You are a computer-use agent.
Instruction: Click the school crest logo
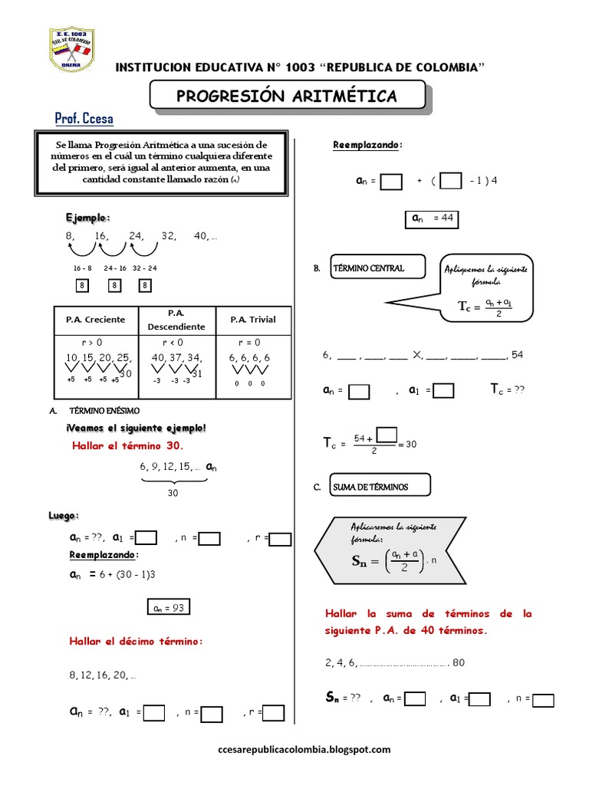click(x=71, y=51)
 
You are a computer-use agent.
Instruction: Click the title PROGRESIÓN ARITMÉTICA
click(x=287, y=96)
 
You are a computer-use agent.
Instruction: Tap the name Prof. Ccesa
click(x=84, y=120)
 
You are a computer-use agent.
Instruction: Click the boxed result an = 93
click(x=167, y=609)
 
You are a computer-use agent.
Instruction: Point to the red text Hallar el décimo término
click(x=136, y=641)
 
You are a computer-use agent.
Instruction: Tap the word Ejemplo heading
click(x=87, y=218)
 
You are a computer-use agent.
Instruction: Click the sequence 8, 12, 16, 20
click(x=103, y=676)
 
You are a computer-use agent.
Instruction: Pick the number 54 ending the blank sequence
click(x=517, y=354)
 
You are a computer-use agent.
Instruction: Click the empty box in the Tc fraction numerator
click(x=387, y=435)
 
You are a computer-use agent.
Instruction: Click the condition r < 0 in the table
click(x=173, y=343)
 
